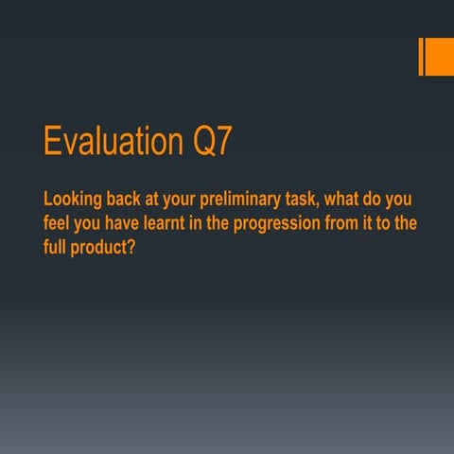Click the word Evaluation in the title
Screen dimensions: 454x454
[108, 144]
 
